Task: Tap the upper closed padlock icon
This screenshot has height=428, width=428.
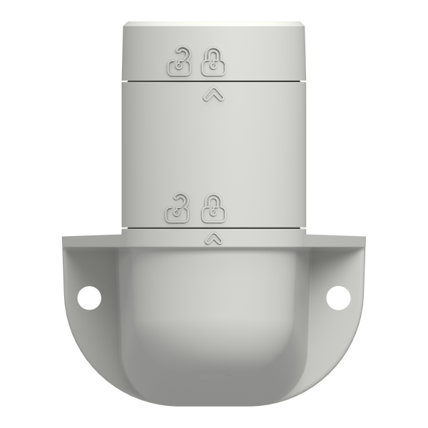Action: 211,63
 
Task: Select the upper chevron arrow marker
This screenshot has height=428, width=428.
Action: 210,92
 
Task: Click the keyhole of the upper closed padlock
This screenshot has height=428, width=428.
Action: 211,67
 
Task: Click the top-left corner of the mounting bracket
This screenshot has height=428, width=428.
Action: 66,238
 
